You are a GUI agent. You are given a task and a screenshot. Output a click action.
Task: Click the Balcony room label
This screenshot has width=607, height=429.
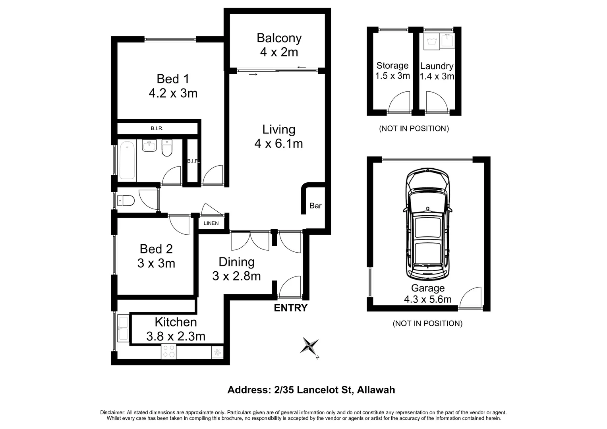point(279,38)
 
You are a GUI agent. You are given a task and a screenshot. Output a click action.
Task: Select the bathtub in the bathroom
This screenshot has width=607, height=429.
point(127,161)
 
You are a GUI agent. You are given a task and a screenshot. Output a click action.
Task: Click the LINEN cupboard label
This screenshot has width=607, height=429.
point(211,223)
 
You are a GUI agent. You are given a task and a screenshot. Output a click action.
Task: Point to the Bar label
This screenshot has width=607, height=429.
point(315,206)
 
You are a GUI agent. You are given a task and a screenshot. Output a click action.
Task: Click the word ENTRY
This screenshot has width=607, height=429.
point(291,308)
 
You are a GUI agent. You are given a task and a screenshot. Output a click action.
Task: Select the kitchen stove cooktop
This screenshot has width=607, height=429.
point(169,352)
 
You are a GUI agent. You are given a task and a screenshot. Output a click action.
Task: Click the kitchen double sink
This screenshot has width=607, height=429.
point(123,329)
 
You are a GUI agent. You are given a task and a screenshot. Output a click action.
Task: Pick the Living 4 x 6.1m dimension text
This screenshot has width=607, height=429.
point(278,143)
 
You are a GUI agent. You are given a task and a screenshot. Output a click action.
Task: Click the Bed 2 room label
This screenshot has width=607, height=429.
point(156,249)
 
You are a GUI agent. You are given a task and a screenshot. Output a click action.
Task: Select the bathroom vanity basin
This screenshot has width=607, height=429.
point(149,146)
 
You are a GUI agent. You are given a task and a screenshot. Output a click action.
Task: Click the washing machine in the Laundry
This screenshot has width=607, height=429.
point(431,41)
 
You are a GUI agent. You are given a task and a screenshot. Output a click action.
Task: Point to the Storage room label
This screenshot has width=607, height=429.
point(392,66)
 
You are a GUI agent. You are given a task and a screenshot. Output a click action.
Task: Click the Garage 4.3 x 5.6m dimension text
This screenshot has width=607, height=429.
point(427,299)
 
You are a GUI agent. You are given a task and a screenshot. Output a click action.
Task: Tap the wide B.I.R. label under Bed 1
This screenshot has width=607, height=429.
point(157,129)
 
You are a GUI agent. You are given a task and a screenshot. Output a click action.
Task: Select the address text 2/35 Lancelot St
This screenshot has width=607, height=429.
point(311,390)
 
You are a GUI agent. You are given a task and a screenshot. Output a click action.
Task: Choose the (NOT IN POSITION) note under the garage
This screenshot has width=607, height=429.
point(427,323)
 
